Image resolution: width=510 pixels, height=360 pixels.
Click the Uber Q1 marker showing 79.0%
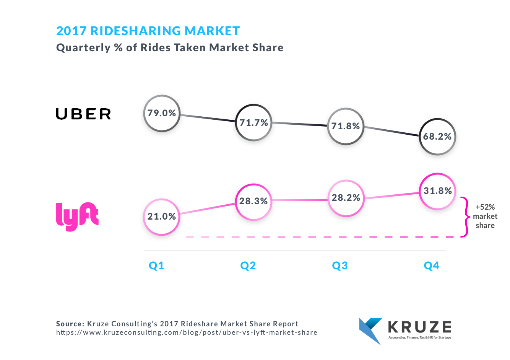[162, 113]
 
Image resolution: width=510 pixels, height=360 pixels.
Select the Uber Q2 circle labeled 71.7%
[253, 123]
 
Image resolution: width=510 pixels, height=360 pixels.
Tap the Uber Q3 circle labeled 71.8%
[346, 126]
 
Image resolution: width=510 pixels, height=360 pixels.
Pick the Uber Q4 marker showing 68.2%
[437, 137]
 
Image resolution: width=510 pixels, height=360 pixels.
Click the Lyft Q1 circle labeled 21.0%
[162, 217]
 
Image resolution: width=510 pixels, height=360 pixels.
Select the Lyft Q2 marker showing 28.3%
[253, 201]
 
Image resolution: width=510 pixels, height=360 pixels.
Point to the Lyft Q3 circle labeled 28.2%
[346, 198]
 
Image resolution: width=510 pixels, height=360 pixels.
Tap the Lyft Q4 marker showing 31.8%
[437, 191]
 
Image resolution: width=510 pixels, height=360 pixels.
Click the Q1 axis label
[156, 266]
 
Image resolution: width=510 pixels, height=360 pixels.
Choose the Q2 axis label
[248, 266]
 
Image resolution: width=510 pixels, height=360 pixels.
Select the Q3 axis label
[340, 266]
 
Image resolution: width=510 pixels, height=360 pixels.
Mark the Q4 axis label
[432, 266]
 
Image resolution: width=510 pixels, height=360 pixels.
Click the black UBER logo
[83, 114]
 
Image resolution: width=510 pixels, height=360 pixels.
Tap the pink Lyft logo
[77, 216]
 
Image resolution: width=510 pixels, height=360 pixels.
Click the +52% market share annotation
[485, 216]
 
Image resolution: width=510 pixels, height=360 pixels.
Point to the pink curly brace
[465, 217]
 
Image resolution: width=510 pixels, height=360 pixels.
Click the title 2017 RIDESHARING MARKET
[148, 31]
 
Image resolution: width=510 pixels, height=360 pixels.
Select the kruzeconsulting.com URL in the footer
[187, 332]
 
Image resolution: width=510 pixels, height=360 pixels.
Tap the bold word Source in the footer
[70, 324]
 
